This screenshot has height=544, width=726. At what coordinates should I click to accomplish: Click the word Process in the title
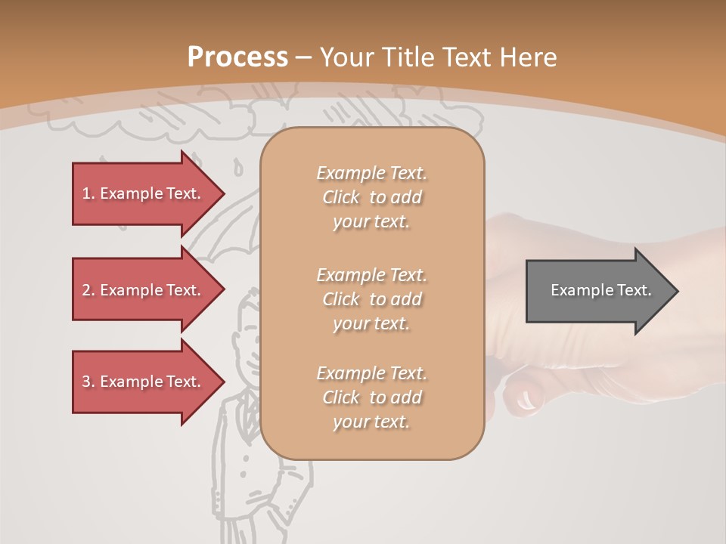[237, 57]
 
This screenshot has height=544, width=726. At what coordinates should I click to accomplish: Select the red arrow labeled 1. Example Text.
[144, 193]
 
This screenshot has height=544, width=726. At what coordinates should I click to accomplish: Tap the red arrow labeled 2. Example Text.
[144, 290]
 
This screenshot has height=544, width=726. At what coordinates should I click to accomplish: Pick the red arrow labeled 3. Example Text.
[144, 382]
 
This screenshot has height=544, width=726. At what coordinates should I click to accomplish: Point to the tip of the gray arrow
[676, 290]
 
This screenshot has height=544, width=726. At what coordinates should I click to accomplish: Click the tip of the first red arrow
[222, 193]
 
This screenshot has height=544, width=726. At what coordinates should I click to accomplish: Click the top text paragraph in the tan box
[371, 197]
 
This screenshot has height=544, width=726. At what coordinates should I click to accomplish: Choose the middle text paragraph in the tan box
[371, 298]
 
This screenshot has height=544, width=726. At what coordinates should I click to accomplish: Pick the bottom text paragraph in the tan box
[371, 397]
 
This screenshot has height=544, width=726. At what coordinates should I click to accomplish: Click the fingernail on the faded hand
[522, 398]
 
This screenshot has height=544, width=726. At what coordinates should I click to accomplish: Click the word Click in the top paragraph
[341, 197]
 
